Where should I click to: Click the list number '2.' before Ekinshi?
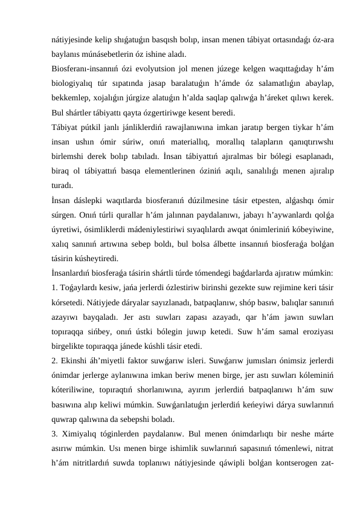(x=55, y=366)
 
